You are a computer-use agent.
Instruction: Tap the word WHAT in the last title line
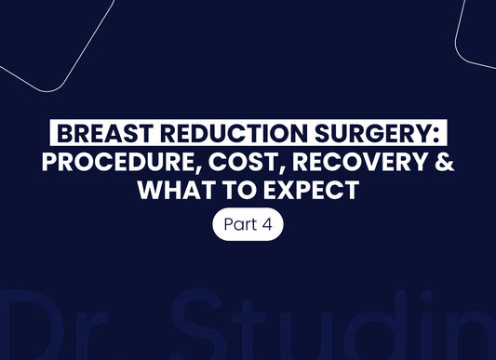pyautogui.click(x=171, y=193)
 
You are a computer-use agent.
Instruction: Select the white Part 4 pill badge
pyautogui.click(x=248, y=226)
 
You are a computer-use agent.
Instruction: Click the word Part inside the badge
pyautogui.click(x=239, y=226)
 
